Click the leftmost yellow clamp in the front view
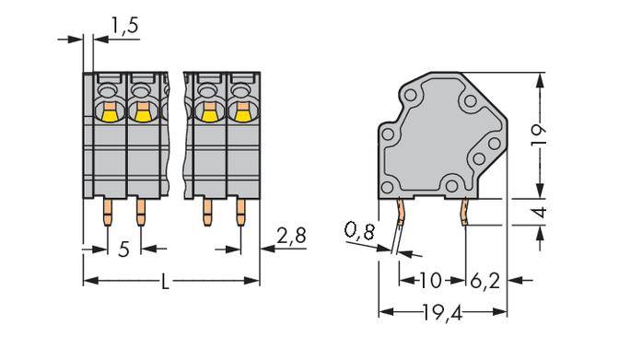[109, 112]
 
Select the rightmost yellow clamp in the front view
[242, 112]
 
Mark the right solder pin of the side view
[466, 214]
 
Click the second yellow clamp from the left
[141, 112]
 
